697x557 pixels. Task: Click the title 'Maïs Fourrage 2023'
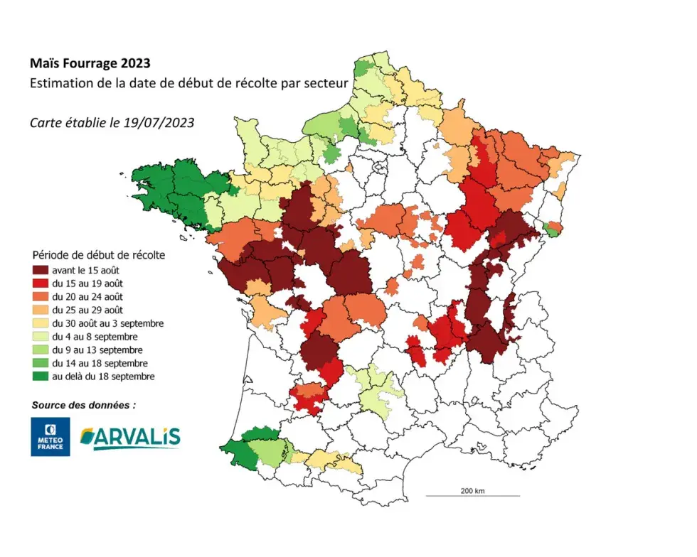coord(90,65)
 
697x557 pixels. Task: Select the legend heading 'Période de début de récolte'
coord(99,254)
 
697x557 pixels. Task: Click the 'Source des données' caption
coord(83,405)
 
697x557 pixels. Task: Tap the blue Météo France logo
coord(50,436)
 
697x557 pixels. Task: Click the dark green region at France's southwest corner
coord(238,448)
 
